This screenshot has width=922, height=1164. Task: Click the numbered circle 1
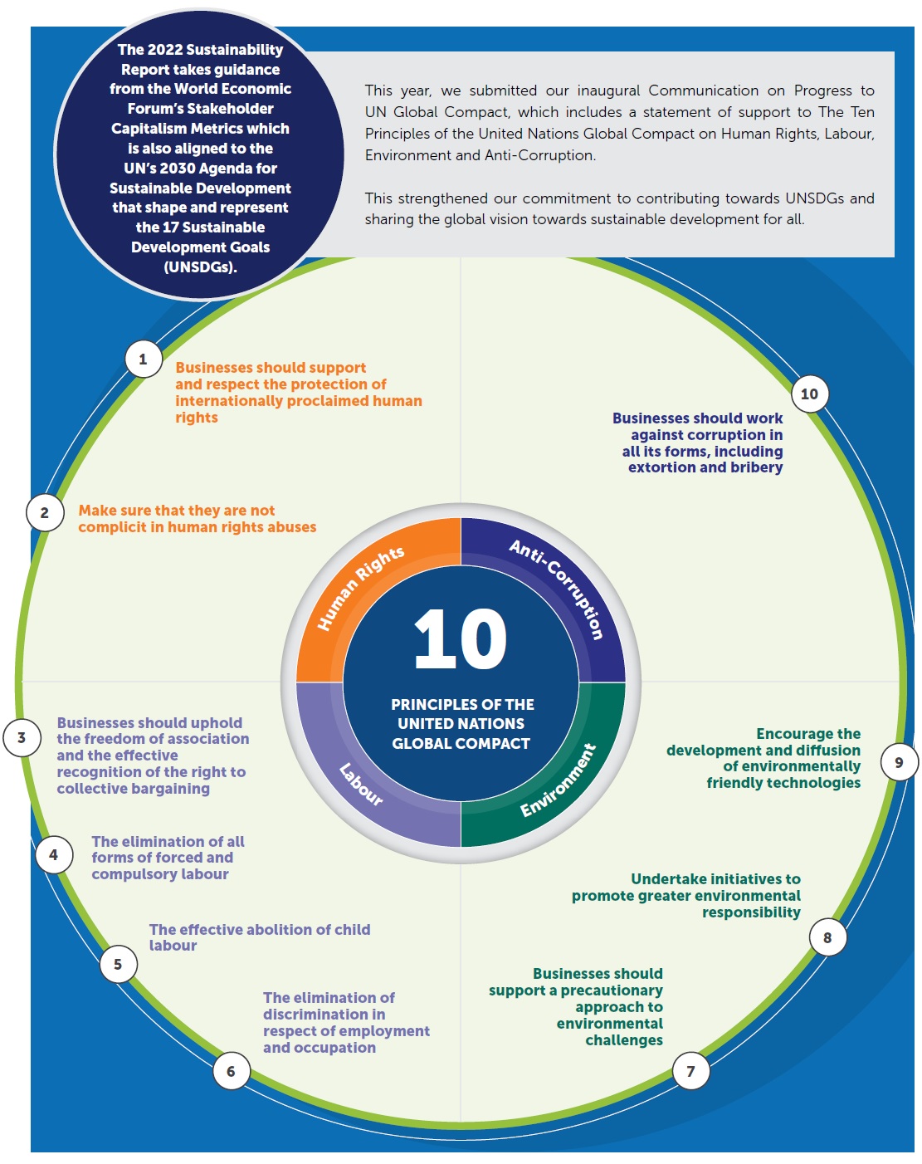pos(144,359)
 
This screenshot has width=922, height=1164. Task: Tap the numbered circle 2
pos(45,513)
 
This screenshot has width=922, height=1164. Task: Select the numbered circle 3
pos(22,737)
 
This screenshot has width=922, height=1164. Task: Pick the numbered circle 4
pos(54,854)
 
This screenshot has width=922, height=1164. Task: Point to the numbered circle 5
pos(118,964)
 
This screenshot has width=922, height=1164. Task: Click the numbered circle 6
pos(231,1071)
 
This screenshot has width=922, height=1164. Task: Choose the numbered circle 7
pos(690,1071)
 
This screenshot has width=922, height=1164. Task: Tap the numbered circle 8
pos(827,937)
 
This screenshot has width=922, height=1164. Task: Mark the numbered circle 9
pos(899,762)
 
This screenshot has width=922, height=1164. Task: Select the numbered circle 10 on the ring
pos(809,394)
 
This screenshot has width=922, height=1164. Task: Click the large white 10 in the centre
pos(461,639)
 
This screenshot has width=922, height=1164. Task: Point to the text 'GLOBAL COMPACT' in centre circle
pos(461,744)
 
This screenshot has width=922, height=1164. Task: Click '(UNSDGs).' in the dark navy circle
pos(200,267)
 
